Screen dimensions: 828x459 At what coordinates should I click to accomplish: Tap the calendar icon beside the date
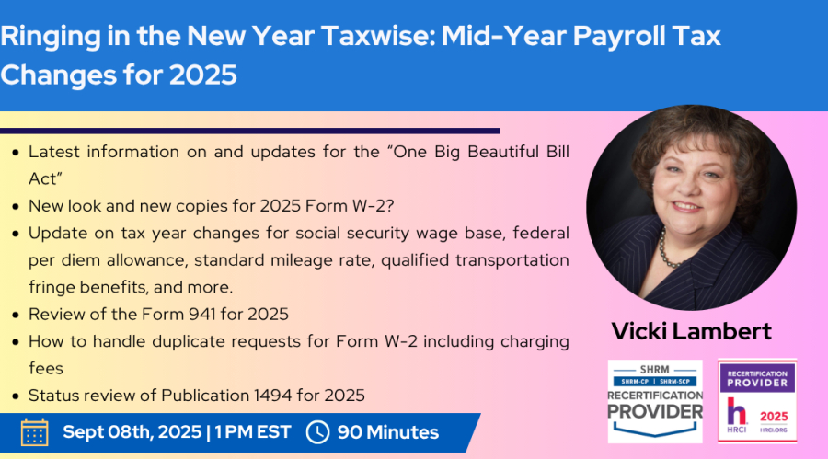[x=35, y=432]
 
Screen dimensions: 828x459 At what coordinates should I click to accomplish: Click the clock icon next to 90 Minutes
[x=317, y=432]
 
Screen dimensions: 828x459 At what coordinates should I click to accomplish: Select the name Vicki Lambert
[x=691, y=331]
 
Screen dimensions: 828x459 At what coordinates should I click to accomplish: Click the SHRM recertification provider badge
[x=655, y=401]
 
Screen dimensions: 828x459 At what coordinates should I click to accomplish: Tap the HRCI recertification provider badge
[x=757, y=401]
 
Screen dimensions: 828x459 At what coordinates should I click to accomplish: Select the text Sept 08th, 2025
[x=132, y=432]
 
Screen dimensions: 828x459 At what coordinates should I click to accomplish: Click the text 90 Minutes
[x=388, y=432]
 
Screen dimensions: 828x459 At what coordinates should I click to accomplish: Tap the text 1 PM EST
[x=252, y=432]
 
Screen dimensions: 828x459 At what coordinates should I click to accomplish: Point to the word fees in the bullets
[x=46, y=368]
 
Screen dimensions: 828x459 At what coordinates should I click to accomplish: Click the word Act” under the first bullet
[x=45, y=179]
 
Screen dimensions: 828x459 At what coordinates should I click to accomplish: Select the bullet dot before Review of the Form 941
[x=16, y=315]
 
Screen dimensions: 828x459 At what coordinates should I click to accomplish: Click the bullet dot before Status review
[x=16, y=396]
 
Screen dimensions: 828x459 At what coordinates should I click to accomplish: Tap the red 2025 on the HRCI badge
[x=774, y=416]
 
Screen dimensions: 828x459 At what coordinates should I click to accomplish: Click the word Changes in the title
[x=58, y=75]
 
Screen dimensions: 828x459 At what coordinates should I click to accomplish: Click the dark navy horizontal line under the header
[x=249, y=131]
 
